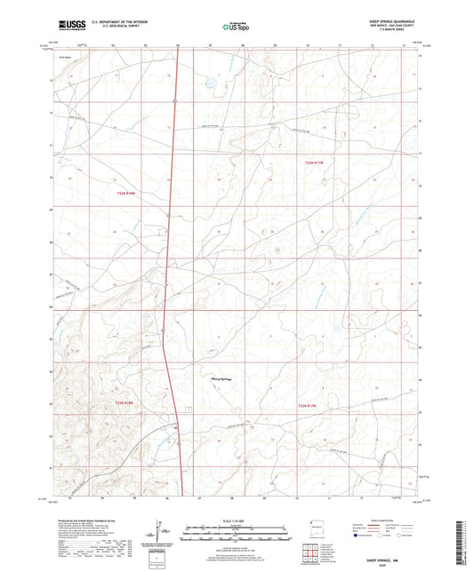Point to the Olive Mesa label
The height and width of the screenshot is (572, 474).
coord(63,57)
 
